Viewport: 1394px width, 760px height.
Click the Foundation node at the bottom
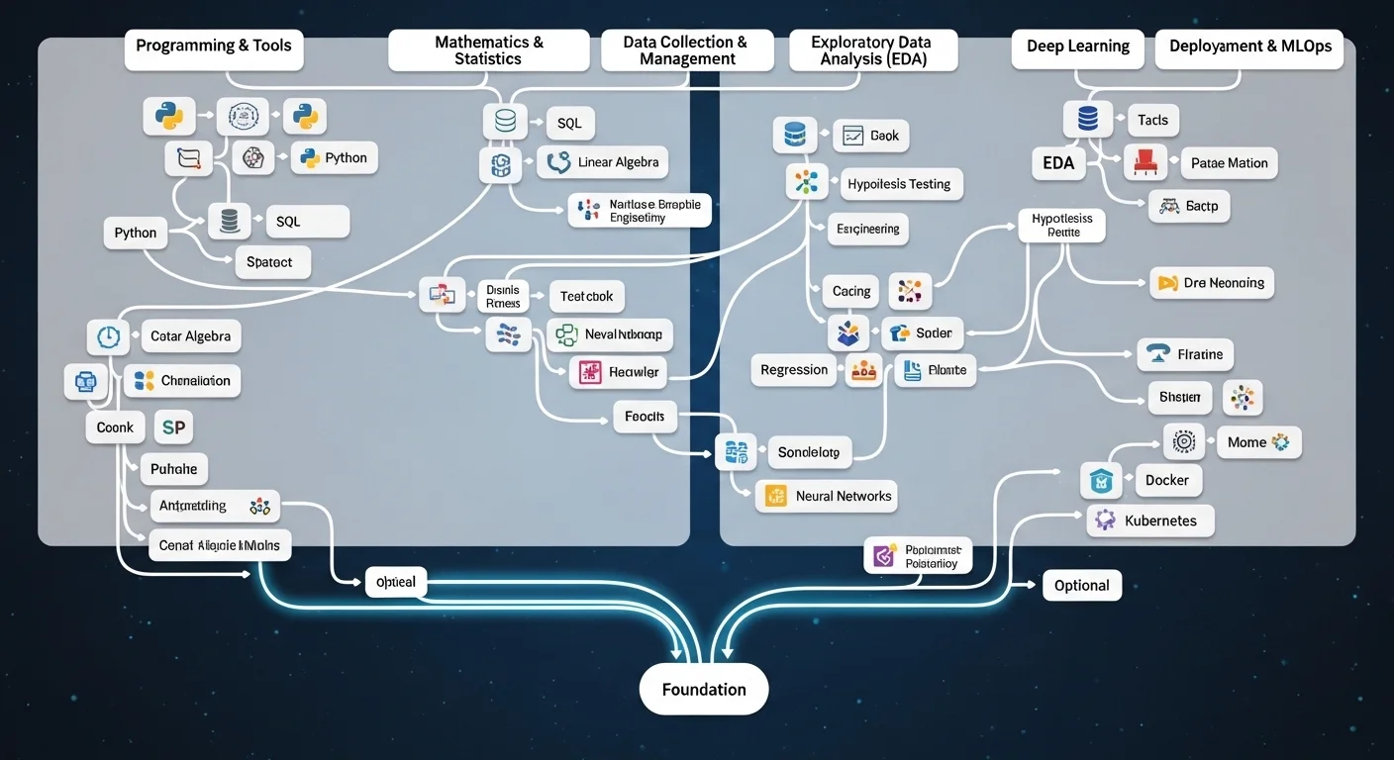pyautogui.click(x=703, y=689)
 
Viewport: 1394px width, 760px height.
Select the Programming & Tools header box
pyautogui.click(x=214, y=47)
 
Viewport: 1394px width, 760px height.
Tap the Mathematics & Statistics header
pyautogui.click(x=488, y=50)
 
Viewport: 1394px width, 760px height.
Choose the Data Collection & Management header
pyautogui.click(x=686, y=50)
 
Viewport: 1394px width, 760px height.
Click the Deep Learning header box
pyautogui.click(x=1077, y=47)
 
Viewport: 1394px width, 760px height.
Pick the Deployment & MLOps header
pyautogui.click(x=1249, y=47)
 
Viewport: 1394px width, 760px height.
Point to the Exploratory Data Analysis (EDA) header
pyautogui.click(x=872, y=50)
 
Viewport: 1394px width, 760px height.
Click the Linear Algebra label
pyautogui.click(x=618, y=162)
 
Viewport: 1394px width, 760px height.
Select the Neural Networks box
pyautogui.click(x=843, y=496)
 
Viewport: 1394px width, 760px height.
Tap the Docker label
pyautogui.click(x=1166, y=480)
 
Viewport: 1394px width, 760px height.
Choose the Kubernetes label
pyautogui.click(x=1160, y=521)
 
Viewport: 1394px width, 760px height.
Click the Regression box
pyautogui.click(x=793, y=370)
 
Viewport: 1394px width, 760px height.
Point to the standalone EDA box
pyautogui.click(x=1057, y=163)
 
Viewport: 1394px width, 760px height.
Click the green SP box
pyautogui.click(x=173, y=427)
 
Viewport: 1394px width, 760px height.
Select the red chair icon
pyautogui.click(x=1145, y=162)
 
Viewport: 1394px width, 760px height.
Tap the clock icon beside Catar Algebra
pyautogui.click(x=108, y=336)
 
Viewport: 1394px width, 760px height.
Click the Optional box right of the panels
pyautogui.click(x=1081, y=585)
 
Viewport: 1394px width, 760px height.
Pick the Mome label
pyautogui.click(x=1246, y=442)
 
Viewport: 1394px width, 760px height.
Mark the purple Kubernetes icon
pyautogui.click(x=1104, y=521)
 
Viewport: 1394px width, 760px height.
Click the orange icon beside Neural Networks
pyautogui.click(x=775, y=496)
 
